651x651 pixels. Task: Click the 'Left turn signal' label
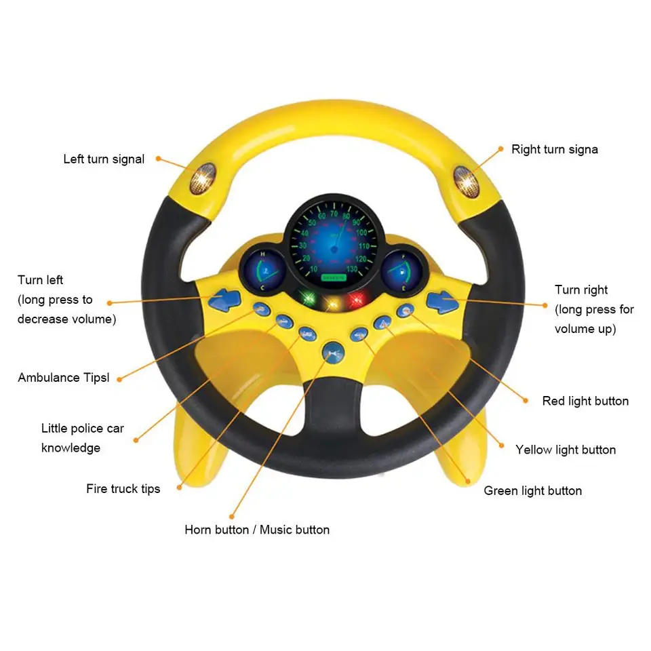pyautogui.click(x=104, y=159)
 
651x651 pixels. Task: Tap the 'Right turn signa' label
pyautogui.click(x=554, y=149)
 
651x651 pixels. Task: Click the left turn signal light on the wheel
pyautogui.click(x=202, y=179)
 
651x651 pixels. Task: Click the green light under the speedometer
pyautogui.click(x=309, y=298)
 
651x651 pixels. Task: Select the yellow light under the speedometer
pyautogui.click(x=332, y=302)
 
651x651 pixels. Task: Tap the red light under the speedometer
pyautogui.click(x=356, y=299)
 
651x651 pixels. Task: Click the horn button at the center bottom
pyautogui.click(x=332, y=351)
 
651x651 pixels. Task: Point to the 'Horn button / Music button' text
pyautogui.click(x=257, y=530)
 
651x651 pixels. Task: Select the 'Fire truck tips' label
pyautogui.click(x=123, y=488)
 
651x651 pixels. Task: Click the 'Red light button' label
pyautogui.click(x=585, y=401)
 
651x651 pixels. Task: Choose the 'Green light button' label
pyautogui.click(x=532, y=490)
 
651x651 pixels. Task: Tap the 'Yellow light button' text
pyautogui.click(x=566, y=450)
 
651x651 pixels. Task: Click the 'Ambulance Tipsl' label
pyautogui.click(x=63, y=378)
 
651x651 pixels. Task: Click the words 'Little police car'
pyautogui.click(x=83, y=429)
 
